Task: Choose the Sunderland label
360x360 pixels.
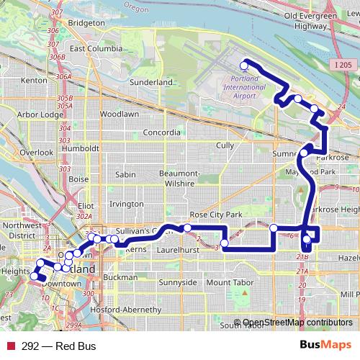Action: pos(152,83)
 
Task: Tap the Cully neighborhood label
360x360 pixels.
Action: pos(225,145)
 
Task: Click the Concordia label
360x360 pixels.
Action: pos(161,132)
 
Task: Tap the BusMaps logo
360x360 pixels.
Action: pos(325,346)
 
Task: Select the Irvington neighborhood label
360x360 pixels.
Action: pos(126,204)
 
